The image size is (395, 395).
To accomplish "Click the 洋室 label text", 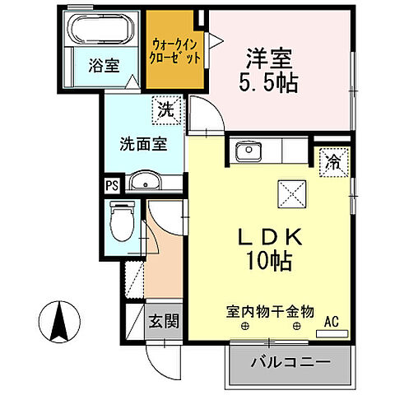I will (x=268, y=59).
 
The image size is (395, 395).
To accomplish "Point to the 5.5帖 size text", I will (x=268, y=83).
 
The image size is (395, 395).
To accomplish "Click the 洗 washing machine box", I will (x=167, y=106).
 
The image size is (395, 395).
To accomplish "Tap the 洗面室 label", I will (x=143, y=142).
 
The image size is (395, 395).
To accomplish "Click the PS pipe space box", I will (x=111, y=184).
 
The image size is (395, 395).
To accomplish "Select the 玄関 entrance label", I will (x=165, y=321).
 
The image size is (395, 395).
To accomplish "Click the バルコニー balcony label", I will (x=291, y=360).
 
